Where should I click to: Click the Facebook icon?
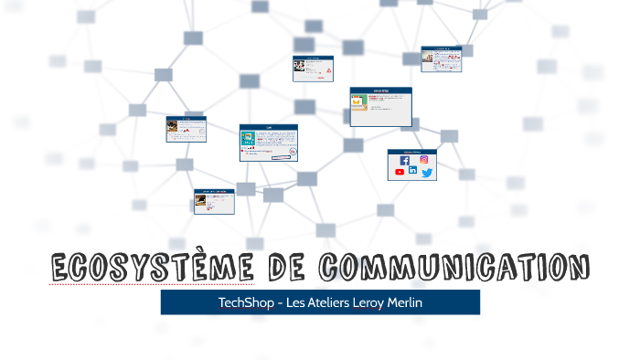(405, 161)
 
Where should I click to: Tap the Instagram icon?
(424, 160)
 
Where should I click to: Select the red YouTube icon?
(400, 172)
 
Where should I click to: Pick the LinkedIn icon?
(412, 171)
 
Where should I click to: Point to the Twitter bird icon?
(427, 173)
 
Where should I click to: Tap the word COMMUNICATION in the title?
(454, 268)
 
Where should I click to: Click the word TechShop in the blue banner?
(244, 302)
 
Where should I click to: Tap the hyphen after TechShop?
(277, 302)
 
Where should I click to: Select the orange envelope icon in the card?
(361, 104)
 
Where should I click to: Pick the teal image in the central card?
(247, 139)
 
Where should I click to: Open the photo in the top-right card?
(428, 59)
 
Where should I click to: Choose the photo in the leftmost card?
(172, 130)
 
